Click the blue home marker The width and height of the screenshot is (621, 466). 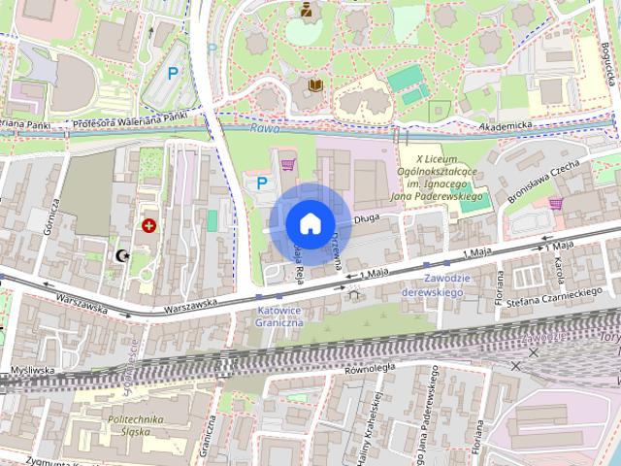click(x=310, y=223)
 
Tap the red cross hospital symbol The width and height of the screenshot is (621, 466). click(x=148, y=226)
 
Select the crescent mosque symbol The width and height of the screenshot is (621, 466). click(x=122, y=255)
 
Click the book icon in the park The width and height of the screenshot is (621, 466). click(x=314, y=86)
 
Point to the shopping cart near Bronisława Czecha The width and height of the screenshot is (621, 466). click(x=555, y=203)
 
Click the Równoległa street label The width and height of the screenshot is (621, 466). click(x=370, y=368)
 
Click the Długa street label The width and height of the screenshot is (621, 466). click(x=366, y=219)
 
